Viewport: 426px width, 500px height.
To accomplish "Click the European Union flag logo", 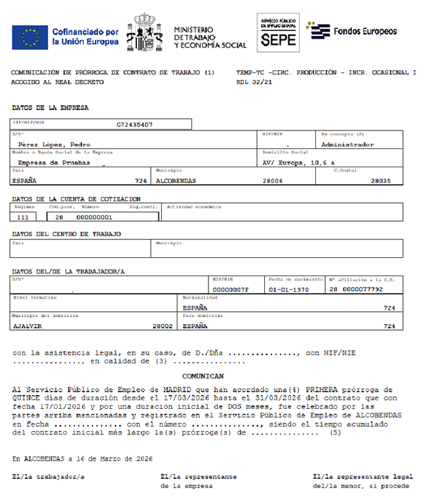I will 29,37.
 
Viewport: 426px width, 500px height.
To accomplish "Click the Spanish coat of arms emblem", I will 147,32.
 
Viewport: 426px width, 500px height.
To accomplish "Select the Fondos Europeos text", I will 365,31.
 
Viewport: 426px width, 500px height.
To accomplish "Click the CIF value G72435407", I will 135,124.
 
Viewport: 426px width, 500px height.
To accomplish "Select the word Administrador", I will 347,144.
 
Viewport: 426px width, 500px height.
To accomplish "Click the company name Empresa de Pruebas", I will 54,162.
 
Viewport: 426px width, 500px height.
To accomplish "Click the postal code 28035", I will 380,180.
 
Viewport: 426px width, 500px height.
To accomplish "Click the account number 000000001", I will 94,217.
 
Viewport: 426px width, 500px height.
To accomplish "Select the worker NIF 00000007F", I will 231,289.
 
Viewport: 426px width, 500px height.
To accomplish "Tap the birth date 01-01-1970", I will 288,289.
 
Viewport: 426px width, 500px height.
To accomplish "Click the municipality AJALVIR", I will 28,325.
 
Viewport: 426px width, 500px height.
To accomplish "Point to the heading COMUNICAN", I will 203,376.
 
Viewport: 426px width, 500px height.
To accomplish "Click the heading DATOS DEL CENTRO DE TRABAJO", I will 66,234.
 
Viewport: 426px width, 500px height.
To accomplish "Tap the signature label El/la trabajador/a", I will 48,477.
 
